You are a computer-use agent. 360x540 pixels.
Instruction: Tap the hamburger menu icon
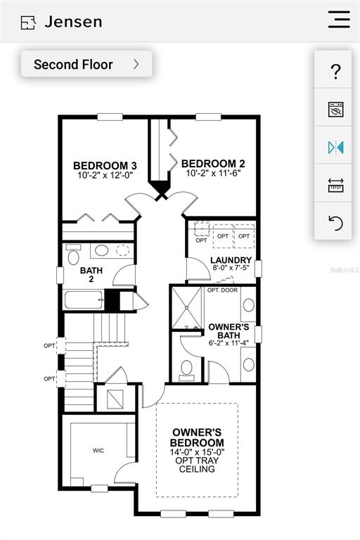340,19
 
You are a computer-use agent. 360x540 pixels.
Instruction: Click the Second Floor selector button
86,64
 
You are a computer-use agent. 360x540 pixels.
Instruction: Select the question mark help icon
335,72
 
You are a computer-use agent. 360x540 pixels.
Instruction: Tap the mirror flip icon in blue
335,148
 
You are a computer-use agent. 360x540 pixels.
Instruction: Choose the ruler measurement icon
335,186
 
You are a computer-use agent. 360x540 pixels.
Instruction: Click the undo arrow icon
335,223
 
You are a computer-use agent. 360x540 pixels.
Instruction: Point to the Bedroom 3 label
105,166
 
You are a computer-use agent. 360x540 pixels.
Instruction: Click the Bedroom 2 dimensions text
213,173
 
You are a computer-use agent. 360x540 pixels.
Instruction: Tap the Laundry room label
231,260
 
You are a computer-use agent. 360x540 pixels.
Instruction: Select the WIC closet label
98,451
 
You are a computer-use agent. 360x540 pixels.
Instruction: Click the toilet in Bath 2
73,255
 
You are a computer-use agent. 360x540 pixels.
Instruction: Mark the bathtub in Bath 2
84,300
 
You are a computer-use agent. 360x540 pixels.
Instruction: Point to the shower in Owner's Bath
187,308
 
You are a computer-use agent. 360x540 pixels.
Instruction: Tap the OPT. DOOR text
222,290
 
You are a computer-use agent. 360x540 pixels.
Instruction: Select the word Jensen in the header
73,22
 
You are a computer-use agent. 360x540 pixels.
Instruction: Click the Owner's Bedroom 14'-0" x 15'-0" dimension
197,452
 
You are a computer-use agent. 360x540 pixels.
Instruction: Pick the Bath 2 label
91,274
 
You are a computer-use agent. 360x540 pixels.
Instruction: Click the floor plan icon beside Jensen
28,22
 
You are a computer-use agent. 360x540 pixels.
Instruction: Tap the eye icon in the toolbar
335,110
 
